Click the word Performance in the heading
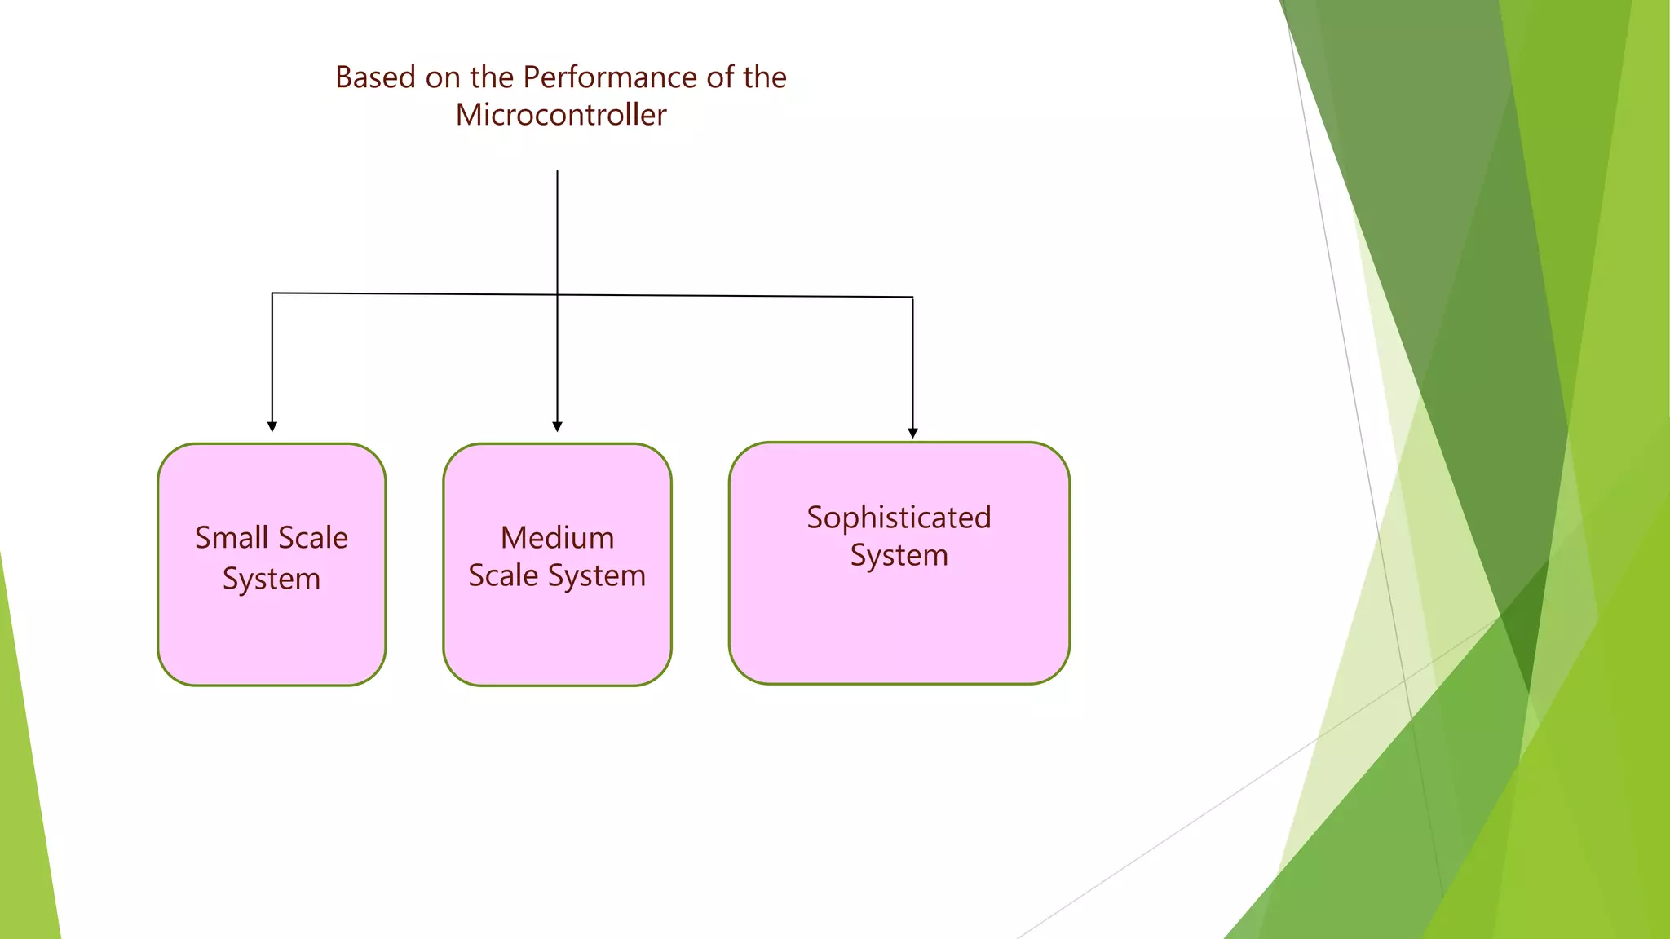point(610,77)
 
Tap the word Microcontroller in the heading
point(561,115)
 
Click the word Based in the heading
point(375,77)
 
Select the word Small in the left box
point(232,538)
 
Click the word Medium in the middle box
point(557,538)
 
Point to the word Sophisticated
point(899,518)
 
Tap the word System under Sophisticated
point(899,556)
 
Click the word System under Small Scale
point(272,579)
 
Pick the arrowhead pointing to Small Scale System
point(272,426)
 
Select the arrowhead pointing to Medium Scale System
point(558,426)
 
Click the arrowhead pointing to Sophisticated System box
point(912,433)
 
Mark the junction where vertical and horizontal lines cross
point(558,294)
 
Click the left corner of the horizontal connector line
point(272,293)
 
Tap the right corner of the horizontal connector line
point(912,298)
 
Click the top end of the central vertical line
point(558,172)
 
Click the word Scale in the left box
point(313,538)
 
